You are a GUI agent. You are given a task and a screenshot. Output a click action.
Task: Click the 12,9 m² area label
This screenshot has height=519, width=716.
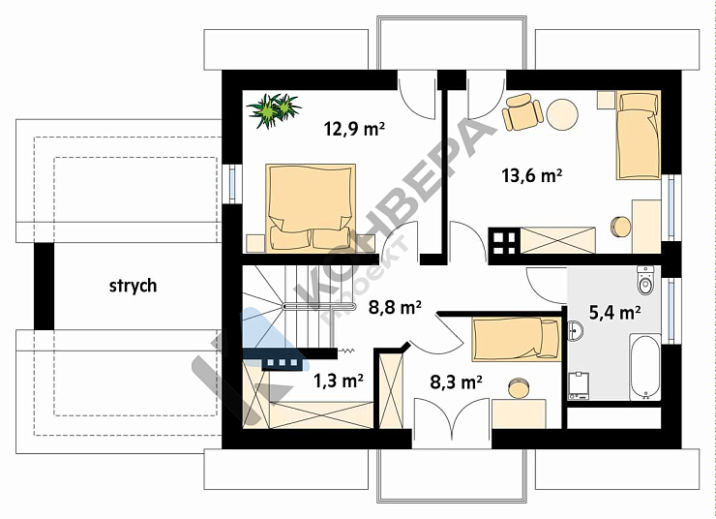click(x=354, y=129)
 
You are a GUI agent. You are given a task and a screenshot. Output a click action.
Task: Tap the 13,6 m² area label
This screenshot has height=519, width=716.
click(x=531, y=175)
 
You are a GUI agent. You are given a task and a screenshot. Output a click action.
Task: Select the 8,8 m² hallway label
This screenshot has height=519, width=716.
click(x=395, y=308)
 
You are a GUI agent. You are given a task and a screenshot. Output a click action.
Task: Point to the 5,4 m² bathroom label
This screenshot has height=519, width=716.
click(x=614, y=313)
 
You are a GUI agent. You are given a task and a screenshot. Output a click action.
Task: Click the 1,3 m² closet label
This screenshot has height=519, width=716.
click(x=339, y=381)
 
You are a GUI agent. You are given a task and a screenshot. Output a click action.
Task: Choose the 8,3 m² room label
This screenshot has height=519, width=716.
click(x=456, y=382)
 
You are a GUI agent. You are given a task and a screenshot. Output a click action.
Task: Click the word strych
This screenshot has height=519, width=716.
click(x=133, y=286)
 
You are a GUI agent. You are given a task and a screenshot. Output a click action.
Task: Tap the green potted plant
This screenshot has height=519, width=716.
click(x=274, y=110)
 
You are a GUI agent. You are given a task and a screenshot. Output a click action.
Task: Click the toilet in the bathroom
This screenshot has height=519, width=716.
click(x=645, y=280)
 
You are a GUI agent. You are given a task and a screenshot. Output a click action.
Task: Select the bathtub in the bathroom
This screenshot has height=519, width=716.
click(x=644, y=367)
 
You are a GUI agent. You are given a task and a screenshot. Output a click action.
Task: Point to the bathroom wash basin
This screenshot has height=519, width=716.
click(x=575, y=330)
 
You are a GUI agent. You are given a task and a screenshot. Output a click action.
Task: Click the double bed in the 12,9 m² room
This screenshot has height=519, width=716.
click(x=311, y=207)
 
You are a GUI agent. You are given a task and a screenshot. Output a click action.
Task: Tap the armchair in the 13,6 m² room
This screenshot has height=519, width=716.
click(x=522, y=112)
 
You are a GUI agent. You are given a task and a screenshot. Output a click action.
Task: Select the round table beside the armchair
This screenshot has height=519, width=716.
click(x=562, y=114)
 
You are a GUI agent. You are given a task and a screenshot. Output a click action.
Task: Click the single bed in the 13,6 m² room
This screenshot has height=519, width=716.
click(x=638, y=136)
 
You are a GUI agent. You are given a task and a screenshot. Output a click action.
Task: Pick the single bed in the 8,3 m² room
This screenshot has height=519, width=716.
click(x=517, y=339)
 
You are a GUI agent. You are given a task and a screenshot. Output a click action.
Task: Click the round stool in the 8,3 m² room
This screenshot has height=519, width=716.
click(x=518, y=388)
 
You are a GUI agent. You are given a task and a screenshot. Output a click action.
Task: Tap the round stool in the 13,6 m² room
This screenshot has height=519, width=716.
click(x=620, y=227)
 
